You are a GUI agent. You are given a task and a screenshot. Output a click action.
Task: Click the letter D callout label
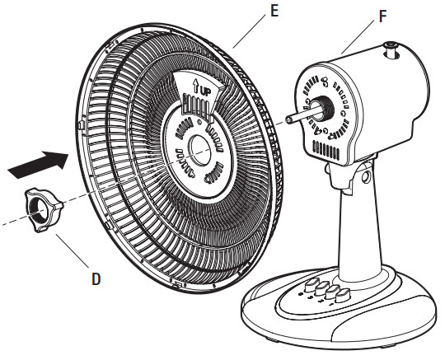(x=96, y=278)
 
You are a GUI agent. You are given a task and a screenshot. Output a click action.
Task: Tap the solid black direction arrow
(x=38, y=163)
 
